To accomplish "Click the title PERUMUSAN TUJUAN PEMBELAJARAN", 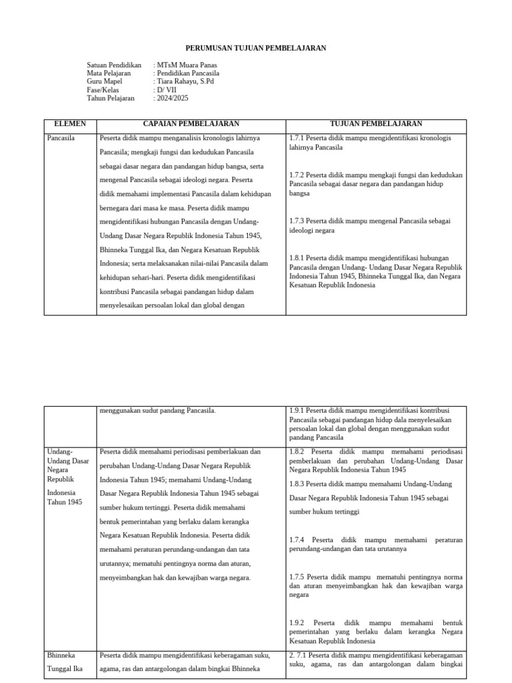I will [256, 49].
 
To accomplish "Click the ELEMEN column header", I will [70, 124].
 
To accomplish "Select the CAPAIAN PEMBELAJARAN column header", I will [191, 124].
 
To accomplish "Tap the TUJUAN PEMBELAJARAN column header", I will [375, 124].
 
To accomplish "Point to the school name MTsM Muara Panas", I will [181, 65].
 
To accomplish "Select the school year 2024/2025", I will [173, 98].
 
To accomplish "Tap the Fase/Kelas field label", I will [102, 90].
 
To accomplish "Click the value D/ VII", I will [166, 90].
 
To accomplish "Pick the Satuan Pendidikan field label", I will [114, 65].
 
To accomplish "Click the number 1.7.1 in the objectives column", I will [297, 138].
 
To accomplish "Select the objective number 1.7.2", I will [297, 175].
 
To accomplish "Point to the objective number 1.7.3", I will [297, 221].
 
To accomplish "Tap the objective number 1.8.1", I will [297, 257].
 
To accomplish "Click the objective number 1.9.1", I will [297, 411].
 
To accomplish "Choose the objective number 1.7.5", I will [297, 576].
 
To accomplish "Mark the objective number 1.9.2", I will [297, 622].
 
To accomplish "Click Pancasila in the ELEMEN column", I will [61, 138].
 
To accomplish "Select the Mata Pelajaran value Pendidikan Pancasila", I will [188, 73].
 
